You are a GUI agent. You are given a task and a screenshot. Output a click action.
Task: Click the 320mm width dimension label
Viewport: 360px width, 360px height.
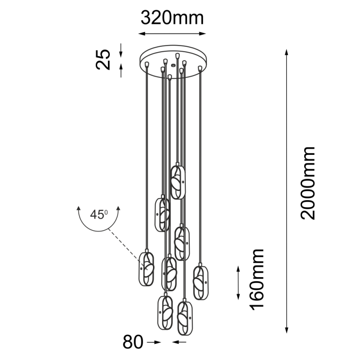point(172,18)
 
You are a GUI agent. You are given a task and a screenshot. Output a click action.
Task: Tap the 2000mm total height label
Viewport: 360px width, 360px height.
point(308,183)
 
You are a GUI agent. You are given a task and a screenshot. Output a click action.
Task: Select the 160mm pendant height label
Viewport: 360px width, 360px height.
point(256,279)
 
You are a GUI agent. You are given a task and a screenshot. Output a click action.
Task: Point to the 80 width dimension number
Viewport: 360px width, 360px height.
point(133,342)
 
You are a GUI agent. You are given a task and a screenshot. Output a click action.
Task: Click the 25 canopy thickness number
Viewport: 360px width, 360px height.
point(103,59)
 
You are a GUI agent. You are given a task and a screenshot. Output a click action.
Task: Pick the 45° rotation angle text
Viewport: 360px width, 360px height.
point(99,215)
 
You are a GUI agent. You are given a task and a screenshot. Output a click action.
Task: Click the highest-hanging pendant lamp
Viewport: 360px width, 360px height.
point(178,181)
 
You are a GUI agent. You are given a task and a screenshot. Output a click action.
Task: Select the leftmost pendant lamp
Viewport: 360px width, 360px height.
point(146,268)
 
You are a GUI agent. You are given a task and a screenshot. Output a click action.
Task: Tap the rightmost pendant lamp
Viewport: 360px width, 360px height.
point(201,282)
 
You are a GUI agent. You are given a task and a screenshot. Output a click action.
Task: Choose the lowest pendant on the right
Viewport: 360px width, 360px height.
point(185,317)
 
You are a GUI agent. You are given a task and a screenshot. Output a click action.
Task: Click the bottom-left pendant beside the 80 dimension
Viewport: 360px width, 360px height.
point(165,311)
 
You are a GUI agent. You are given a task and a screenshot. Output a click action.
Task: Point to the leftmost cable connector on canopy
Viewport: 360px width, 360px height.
point(147,64)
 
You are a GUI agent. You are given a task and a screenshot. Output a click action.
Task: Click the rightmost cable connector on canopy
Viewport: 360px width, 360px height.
point(200,68)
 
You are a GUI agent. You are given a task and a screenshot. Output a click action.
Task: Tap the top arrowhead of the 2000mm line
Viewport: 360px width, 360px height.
point(286,52)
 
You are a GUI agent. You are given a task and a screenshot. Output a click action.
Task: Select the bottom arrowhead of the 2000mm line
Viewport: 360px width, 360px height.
point(287,329)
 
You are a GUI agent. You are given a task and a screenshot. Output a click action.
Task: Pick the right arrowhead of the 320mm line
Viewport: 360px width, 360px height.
point(202,34)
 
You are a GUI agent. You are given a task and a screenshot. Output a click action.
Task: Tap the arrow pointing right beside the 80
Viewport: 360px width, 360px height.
point(154,342)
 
